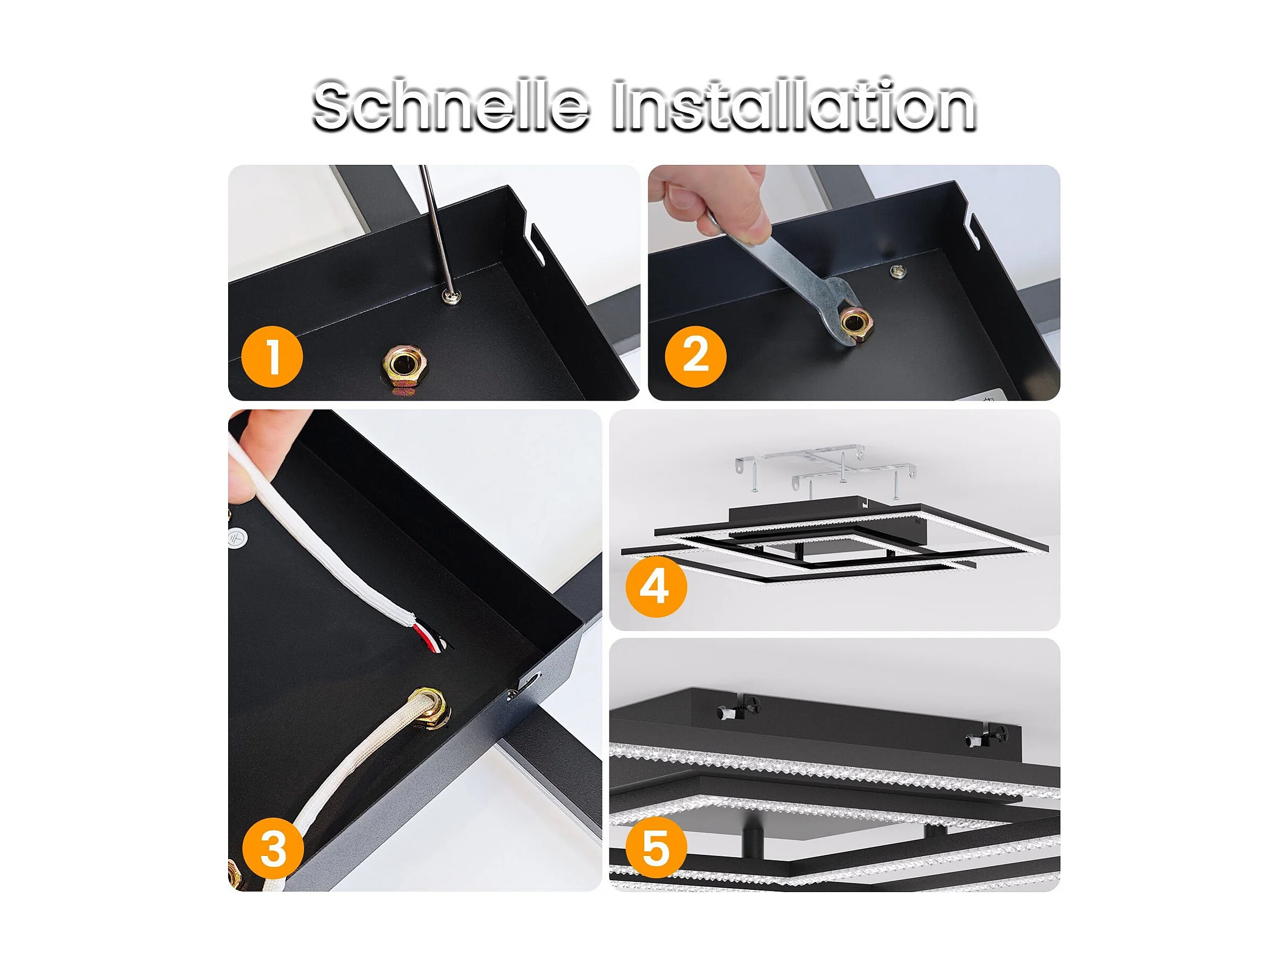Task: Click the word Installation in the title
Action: click(793, 105)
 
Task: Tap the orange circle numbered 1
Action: click(272, 356)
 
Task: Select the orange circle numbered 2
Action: click(695, 356)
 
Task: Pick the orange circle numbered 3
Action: click(273, 848)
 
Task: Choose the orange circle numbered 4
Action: click(656, 586)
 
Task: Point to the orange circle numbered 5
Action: click(656, 847)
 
